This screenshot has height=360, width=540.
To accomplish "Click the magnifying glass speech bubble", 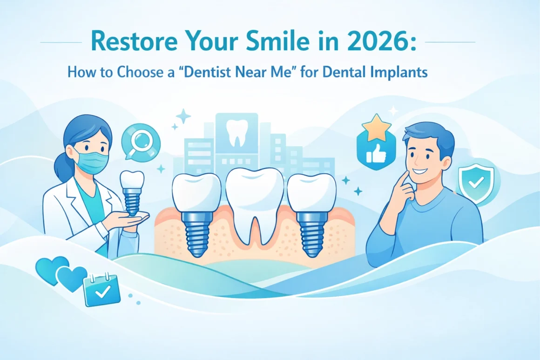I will tap(140, 141).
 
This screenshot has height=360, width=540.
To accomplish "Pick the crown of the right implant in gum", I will tap(311, 191).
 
